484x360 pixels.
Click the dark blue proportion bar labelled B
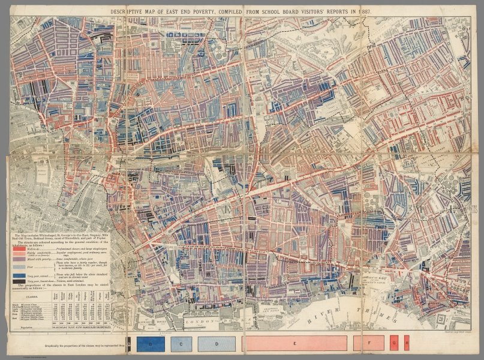tap(151, 344)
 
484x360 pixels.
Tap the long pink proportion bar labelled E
tap(294, 344)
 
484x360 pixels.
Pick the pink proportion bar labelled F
tap(368, 344)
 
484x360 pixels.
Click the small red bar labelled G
tap(394, 344)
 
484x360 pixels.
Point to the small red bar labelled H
tap(407, 344)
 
